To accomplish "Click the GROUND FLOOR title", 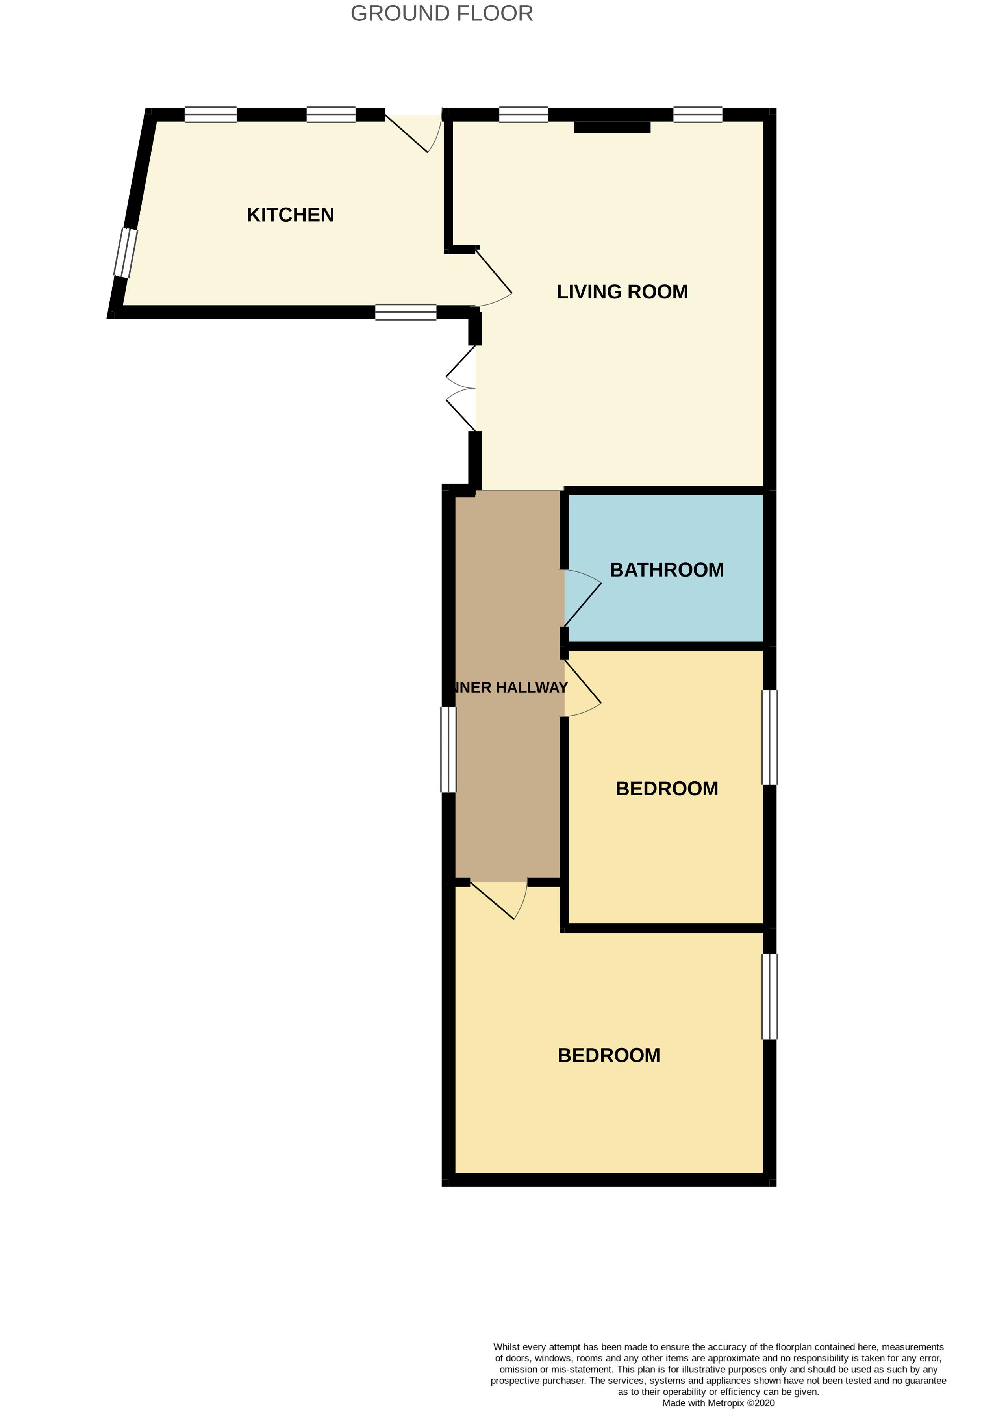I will pos(442,14).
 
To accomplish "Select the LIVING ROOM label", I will pos(622,292).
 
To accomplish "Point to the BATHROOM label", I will pos(667,570).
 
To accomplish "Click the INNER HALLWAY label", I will pos(510,687).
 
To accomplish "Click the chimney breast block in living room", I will pos(612,127).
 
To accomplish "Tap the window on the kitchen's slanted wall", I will pos(125,253).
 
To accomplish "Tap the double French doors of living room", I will pos(461,389).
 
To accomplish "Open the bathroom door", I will pos(582,598).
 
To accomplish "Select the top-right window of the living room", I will pos(698,115).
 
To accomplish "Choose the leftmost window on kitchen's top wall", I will pos(211,115).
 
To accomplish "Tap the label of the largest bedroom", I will pos(609,1055).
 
